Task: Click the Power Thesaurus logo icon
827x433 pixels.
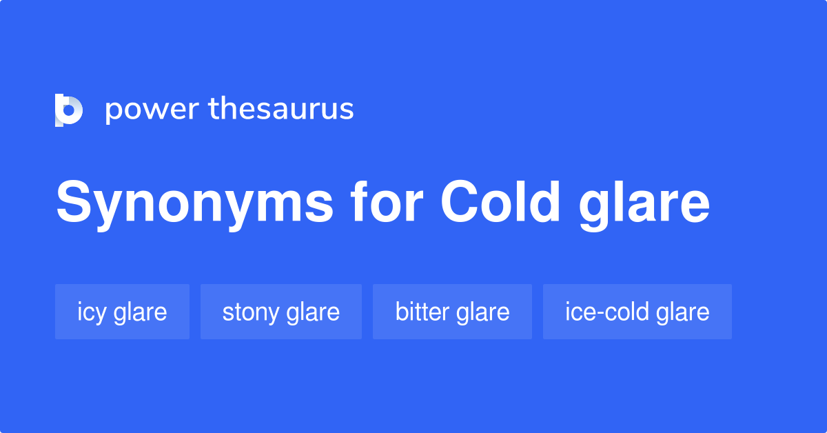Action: point(68,110)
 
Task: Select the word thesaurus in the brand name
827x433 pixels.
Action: point(281,109)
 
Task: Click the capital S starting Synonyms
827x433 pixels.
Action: point(73,203)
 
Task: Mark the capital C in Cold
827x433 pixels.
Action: point(461,203)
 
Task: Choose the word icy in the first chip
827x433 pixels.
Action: point(92,312)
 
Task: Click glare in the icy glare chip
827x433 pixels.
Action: point(140,312)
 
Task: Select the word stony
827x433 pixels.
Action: point(249,312)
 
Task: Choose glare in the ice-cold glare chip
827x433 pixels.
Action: point(682,312)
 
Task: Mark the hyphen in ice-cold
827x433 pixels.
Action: point(598,314)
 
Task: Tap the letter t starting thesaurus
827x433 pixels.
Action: point(214,109)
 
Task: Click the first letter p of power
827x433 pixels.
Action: point(112,112)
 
